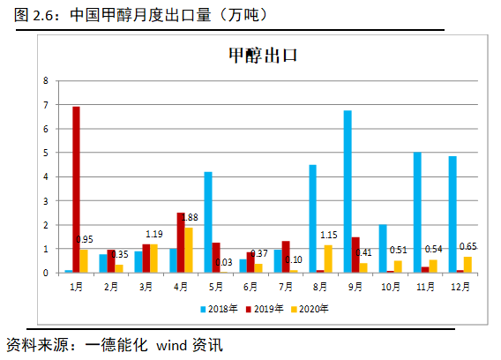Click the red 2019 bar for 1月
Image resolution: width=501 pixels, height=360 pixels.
tap(77, 189)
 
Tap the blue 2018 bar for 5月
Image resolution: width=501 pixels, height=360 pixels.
tap(208, 221)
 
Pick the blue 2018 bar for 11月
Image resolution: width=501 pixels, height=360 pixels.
tap(417, 213)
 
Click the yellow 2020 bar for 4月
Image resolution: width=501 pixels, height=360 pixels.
tap(188, 250)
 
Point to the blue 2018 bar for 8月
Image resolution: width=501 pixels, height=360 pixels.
tap(313, 218)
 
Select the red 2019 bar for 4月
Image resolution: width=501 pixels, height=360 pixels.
tap(180, 243)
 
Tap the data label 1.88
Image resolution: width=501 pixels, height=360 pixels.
tap(189, 217)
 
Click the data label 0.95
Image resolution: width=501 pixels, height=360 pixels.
tap(85, 239)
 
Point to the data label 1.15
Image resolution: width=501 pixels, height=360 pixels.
tap(329, 235)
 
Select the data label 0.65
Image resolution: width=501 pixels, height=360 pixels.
tap(469, 246)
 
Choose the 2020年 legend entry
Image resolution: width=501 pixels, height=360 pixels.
tap(310, 308)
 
